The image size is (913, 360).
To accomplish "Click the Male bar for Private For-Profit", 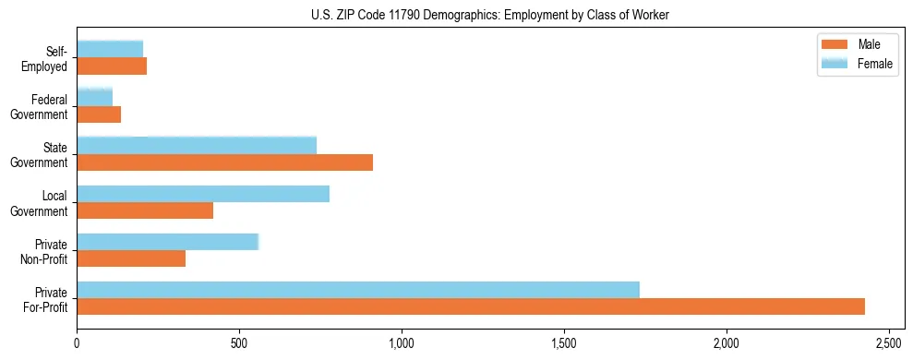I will pyautogui.click(x=471, y=306).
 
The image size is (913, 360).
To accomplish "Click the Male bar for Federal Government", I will pyautogui.click(x=99, y=114).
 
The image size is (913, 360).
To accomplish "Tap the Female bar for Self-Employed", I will pyautogui.click(x=110, y=49).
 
